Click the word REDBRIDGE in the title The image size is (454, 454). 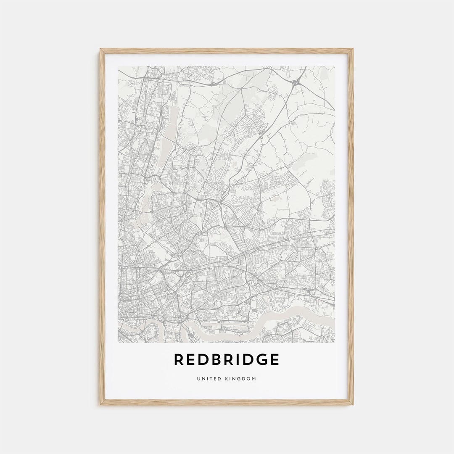(227, 360)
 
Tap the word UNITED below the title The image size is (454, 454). (209, 379)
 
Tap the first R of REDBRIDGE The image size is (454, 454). (179, 360)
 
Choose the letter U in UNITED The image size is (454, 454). (198, 379)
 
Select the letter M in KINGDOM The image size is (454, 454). (254, 379)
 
